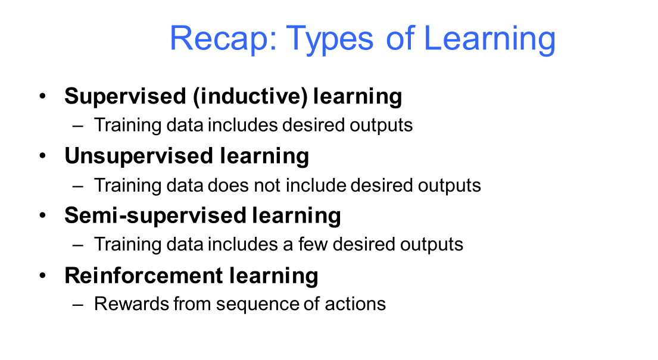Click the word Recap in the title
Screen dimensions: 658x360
coord(223,39)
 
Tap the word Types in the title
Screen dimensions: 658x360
coord(329,39)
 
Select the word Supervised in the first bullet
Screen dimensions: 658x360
coord(125,97)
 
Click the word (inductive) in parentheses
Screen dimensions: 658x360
coord(251,96)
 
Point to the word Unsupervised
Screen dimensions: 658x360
coord(139,156)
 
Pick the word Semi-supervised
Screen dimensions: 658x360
coord(155,216)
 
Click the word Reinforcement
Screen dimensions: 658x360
coord(144,276)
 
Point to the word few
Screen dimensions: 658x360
coord(313,244)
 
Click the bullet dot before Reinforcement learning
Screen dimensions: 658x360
coord(42,276)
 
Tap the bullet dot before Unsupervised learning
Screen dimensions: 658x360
coord(42,156)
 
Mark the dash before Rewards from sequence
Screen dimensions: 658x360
coord(77,305)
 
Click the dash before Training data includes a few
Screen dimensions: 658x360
coord(77,245)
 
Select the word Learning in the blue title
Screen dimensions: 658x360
coord(489,39)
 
